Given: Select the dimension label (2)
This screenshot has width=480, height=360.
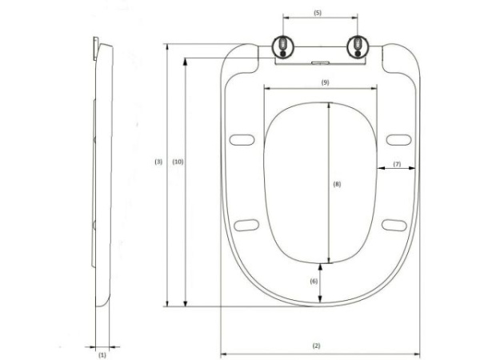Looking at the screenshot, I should [316, 346].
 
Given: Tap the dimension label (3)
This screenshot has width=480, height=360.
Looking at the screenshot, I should [158, 162].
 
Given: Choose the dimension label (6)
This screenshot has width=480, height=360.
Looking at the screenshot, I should [314, 281].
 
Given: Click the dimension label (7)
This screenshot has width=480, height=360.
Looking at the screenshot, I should [396, 164].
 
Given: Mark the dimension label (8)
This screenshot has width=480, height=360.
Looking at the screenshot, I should [337, 183].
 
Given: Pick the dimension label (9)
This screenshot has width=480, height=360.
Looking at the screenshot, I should [325, 82].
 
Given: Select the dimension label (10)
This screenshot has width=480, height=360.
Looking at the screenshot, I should [178, 162].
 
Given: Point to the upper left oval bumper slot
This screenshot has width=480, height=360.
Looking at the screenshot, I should [239, 142].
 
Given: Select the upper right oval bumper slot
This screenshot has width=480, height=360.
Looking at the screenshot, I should [396, 142].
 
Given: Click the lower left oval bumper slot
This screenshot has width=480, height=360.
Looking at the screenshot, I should [248, 224].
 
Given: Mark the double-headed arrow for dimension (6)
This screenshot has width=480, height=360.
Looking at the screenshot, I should [321, 283].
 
